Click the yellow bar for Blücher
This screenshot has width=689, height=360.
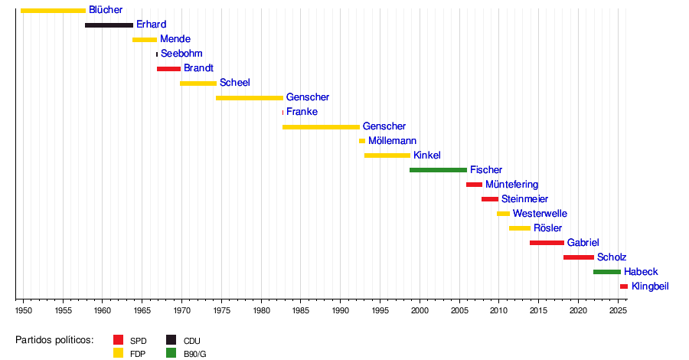53,11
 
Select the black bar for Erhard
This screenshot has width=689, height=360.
109,25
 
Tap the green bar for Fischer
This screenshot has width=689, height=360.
438,170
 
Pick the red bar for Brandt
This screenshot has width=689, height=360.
168,69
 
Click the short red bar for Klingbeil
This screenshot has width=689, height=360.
624,286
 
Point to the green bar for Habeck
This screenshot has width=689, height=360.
607,272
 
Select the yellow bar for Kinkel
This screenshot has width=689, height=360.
387,155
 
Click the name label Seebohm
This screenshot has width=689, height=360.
181,54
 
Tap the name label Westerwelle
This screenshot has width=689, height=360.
540,214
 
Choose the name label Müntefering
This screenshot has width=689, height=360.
511,185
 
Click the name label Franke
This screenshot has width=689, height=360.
302,112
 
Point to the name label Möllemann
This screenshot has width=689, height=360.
393,141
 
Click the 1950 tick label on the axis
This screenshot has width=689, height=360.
24,310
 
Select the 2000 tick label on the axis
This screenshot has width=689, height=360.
420,310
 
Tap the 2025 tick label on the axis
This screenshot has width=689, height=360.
617,310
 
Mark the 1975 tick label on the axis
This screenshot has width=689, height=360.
222,310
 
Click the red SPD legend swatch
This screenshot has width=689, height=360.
118,340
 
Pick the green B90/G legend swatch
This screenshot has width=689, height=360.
171,353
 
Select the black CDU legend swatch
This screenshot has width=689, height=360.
171,340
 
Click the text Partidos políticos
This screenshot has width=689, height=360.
54,339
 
